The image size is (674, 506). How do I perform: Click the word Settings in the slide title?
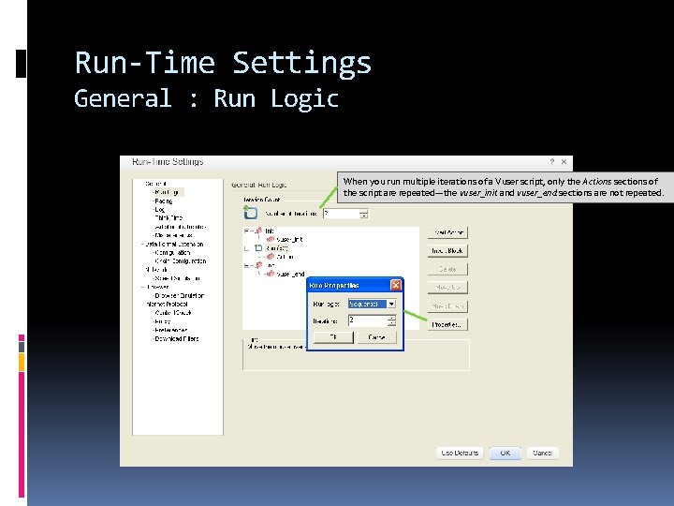[x=301, y=64]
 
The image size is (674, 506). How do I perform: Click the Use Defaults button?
[x=461, y=453]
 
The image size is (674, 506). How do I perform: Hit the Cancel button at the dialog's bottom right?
[x=542, y=453]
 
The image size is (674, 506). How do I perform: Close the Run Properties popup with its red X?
[x=396, y=285]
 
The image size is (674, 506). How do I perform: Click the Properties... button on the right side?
[x=447, y=324]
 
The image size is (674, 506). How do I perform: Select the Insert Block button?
[x=447, y=251]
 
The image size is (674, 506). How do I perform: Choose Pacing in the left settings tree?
[x=164, y=201]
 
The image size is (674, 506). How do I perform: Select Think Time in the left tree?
[x=169, y=217]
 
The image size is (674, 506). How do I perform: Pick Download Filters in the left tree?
[x=177, y=339]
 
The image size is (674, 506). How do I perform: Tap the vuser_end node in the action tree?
[x=291, y=275]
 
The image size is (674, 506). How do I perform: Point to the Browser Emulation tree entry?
[x=179, y=295]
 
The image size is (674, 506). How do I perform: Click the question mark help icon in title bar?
[x=551, y=162]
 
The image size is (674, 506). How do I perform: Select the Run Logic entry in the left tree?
[x=168, y=192]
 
